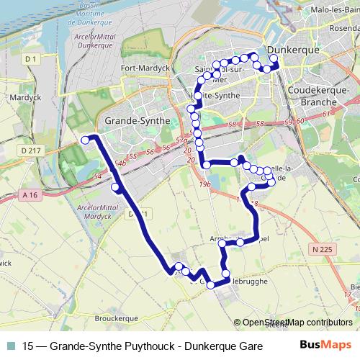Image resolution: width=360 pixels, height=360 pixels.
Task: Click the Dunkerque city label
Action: [292, 51]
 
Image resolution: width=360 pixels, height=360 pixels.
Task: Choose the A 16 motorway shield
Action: [30, 194]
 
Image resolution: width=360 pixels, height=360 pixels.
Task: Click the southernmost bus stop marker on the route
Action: [211, 285]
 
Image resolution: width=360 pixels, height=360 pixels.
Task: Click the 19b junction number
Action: [206, 185]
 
